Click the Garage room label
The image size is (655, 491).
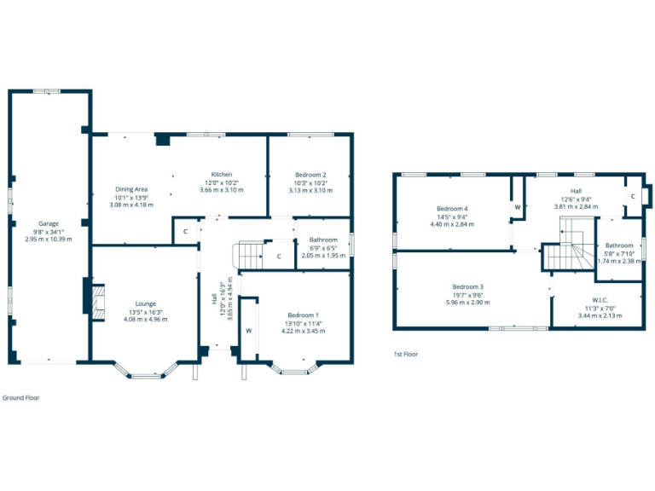(49, 223)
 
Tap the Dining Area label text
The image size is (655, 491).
(131, 189)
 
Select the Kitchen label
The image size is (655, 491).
(221, 175)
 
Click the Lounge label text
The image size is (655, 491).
(145, 303)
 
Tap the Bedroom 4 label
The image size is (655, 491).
(452, 209)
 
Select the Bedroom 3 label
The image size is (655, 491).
(468, 286)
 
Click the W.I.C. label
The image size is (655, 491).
(600, 300)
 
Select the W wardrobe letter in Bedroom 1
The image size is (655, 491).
(248, 331)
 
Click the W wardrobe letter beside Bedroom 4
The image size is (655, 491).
(517, 207)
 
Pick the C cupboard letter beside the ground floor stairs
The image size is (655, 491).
(279, 256)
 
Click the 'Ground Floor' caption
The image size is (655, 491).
(20, 398)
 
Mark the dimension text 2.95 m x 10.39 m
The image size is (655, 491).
(49, 240)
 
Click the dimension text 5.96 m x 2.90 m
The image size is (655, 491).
(468, 302)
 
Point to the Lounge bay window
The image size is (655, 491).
(146, 372)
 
